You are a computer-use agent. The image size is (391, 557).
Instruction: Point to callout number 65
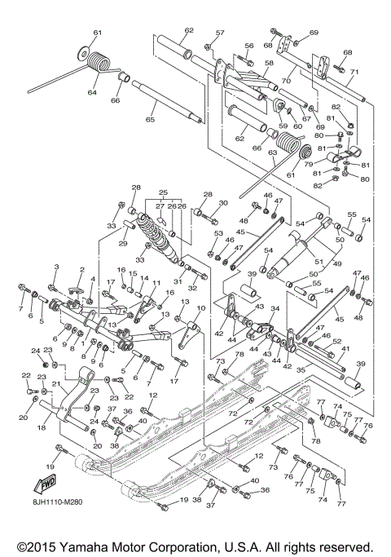tap(149, 120)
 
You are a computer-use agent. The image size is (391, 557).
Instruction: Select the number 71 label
tap(354, 71)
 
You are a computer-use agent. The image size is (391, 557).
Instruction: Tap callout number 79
tap(309, 163)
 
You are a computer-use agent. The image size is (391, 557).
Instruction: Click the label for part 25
tap(163, 192)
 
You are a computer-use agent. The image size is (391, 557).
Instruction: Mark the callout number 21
tap(55, 384)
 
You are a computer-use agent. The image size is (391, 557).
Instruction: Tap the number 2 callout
tap(81, 270)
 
